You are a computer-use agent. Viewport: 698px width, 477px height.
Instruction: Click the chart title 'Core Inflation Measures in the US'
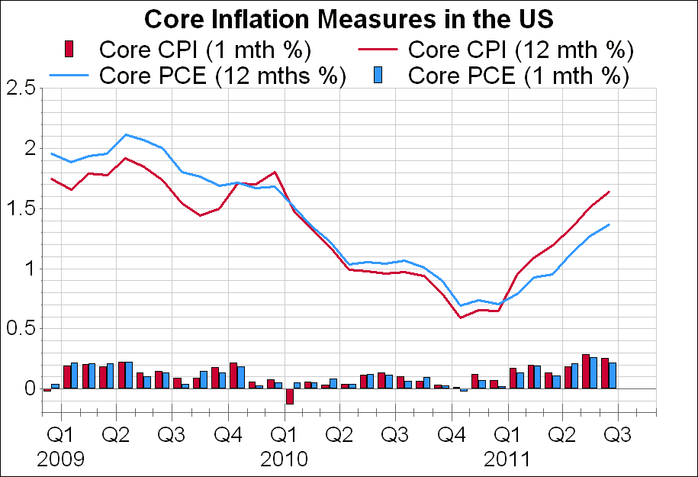[x=349, y=18]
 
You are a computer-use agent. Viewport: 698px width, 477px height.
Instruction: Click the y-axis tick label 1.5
[x=21, y=208]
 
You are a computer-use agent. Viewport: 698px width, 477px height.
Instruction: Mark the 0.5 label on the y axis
[x=21, y=329]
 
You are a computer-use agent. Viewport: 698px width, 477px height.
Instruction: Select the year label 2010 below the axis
[x=284, y=459]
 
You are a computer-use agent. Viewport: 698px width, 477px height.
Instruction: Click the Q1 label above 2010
[x=284, y=435]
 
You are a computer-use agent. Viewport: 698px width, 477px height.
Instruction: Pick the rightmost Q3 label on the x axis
[x=616, y=435]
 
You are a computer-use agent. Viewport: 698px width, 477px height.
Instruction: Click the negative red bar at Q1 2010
[x=290, y=396]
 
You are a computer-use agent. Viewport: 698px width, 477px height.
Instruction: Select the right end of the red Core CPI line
[x=609, y=192]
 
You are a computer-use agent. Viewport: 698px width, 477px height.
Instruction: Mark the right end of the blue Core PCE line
[x=609, y=224]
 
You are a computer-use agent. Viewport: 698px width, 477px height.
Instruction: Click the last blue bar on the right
[x=612, y=375]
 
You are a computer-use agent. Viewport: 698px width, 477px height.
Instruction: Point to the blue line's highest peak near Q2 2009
[x=126, y=134]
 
